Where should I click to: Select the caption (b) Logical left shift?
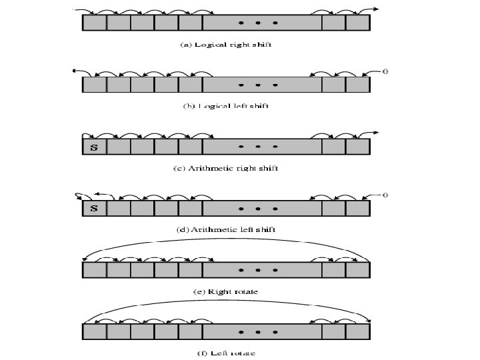[x=226, y=105]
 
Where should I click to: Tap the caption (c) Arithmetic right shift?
[x=226, y=168]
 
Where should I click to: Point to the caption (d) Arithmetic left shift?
[x=226, y=229]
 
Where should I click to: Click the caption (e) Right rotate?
[x=226, y=291]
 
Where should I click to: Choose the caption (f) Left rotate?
[x=226, y=352]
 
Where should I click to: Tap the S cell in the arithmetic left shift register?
[x=94, y=209]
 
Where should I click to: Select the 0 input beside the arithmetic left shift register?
[x=385, y=195]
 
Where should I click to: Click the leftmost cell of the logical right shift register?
[x=94, y=23]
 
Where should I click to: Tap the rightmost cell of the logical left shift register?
[x=357, y=85]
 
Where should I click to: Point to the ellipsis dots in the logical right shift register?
[x=257, y=23]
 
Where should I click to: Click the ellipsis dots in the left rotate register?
[x=257, y=332]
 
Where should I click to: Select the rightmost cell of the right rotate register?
[x=357, y=271]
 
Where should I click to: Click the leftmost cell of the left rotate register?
[x=94, y=332]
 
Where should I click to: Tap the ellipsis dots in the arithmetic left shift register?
[x=257, y=209]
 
